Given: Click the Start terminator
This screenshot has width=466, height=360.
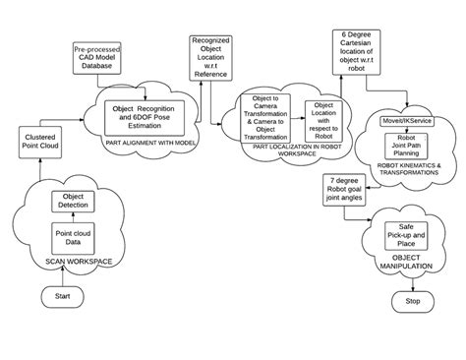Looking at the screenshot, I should tap(62, 295).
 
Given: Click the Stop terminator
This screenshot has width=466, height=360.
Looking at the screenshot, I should tap(413, 301).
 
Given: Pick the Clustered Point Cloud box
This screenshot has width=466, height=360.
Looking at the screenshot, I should tap(40, 141).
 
